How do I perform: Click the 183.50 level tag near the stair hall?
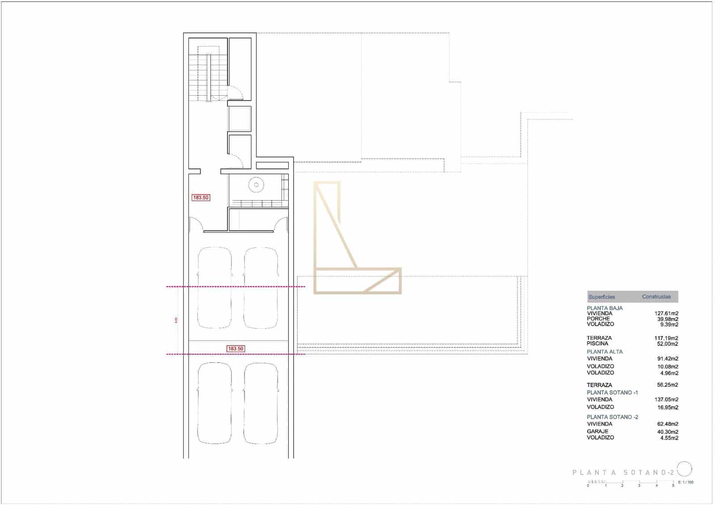click(201, 198)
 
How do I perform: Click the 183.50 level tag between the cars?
click(236, 349)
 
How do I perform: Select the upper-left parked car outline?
click(214, 288)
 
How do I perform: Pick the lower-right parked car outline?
click(261, 403)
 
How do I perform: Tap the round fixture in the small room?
click(256, 185)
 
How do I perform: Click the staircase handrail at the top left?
click(209, 77)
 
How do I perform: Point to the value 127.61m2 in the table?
click(666, 314)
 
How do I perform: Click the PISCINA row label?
click(597, 344)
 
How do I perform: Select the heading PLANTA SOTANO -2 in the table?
click(612, 417)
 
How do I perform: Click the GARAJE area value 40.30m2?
click(668, 432)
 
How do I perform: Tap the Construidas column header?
click(656, 297)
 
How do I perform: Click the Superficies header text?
click(601, 297)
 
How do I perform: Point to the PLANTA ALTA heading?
click(605, 352)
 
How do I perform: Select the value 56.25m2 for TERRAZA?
click(668, 385)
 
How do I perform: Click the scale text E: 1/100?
click(686, 482)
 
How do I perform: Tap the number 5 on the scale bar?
click(673, 485)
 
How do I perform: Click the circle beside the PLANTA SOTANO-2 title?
click(685, 469)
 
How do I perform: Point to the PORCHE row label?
click(598, 319)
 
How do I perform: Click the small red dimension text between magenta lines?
click(176, 320)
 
